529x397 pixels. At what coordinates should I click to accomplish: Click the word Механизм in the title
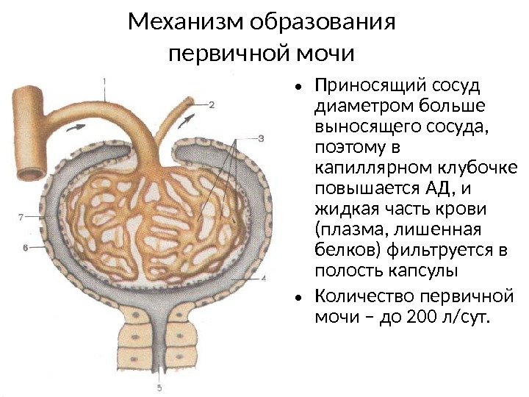pyautogui.click(x=185, y=22)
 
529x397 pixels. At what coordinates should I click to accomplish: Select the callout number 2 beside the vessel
pyautogui.click(x=212, y=104)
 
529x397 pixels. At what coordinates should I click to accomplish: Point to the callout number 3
pyautogui.click(x=261, y=137)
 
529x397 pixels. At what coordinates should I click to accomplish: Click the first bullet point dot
pyautogui.click(x=298, y=87)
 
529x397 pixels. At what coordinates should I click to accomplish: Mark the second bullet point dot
pyautogui.click(x=298, y=298)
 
